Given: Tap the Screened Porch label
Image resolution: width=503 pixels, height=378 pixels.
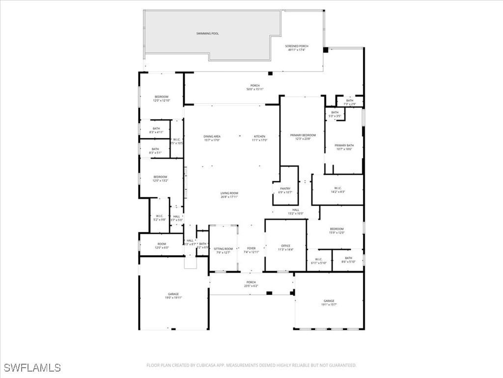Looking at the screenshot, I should click(x=296, y=46).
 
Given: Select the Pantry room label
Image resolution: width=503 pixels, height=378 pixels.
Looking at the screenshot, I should click(x=285, y=189).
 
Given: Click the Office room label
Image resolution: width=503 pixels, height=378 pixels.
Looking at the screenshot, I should click(x=286, y=246).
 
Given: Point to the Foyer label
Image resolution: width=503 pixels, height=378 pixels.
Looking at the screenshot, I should click(x=251, y=249).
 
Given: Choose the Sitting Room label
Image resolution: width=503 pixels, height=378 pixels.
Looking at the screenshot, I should click(x=223, y=249).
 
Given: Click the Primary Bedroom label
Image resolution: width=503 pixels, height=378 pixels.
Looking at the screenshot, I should click(x=303, y=135).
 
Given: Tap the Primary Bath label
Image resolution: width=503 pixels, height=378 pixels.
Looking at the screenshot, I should click(x=344, y=145).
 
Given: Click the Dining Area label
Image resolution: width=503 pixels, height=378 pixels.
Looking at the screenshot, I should click(x=212, y=136).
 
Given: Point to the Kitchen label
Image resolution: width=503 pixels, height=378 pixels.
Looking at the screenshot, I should click(x=259, y=136).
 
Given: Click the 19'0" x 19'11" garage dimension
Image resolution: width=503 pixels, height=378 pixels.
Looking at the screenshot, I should click(x=173, y=298).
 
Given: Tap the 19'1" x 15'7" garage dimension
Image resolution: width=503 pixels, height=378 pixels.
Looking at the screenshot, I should click(x=329, y=305).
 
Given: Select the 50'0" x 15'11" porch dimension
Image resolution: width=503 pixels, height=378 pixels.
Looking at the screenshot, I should click(x=255, y=89).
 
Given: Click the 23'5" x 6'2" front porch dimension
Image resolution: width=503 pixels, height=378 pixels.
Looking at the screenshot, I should click(x=251, y=286).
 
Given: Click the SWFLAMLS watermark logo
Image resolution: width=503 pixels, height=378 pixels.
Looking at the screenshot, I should click(x=32, y=368).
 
